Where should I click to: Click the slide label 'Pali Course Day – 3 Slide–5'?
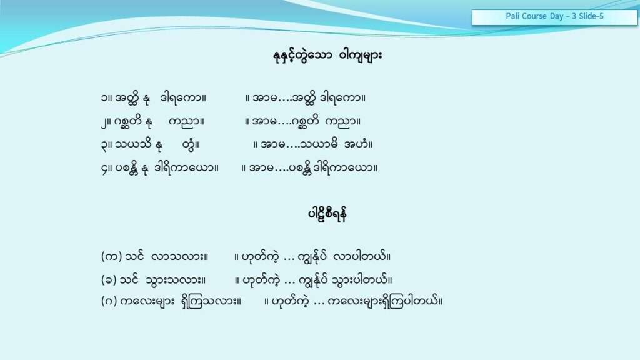(554, 16)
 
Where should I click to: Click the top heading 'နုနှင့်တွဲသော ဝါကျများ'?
(327, 55)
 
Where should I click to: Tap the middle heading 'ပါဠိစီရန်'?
(327, 214)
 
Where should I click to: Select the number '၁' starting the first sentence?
(105, 98)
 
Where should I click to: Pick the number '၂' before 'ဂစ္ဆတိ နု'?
(104, 122)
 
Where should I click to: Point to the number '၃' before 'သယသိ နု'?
(104, 145)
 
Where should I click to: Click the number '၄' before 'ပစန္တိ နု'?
(104, 168)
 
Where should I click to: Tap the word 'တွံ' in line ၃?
(189, 145)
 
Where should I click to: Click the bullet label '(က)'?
(111, 257)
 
